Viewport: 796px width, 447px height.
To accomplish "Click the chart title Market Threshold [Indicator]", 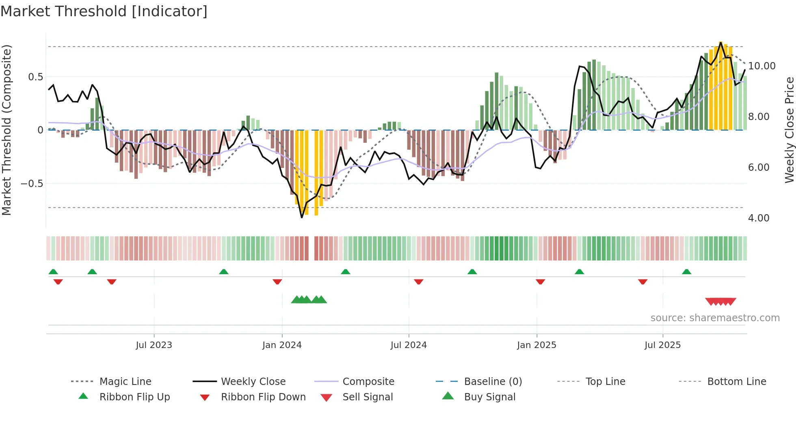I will point(104,11).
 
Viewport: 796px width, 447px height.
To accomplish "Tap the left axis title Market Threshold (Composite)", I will point(6,130).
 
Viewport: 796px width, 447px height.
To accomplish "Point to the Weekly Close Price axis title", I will point(789,130).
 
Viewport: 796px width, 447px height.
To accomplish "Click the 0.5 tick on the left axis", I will point(35,77).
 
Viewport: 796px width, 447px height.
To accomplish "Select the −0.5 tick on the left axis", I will point(32,184).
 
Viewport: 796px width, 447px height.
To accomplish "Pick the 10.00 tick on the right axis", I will point(761,66).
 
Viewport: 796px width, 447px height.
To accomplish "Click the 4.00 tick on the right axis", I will point(758,218).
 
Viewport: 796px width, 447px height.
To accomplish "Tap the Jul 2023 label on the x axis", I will point(154,345).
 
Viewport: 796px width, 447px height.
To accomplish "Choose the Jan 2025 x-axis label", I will point(536,345).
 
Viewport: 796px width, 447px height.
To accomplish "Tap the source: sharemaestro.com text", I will point(715,318).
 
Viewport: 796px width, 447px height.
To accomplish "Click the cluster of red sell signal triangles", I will point(720,301).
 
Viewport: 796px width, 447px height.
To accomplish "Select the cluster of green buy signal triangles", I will point(309,300).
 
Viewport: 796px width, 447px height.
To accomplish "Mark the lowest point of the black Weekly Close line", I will point(302,217).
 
